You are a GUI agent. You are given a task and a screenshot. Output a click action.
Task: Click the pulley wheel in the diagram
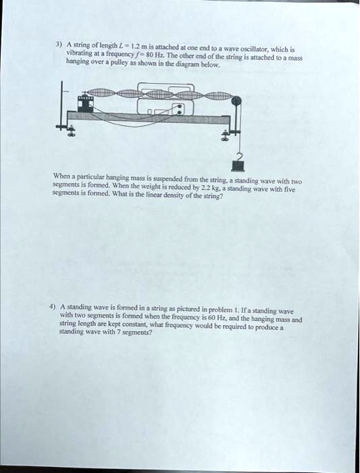pyautogui.click(x=237, y=101)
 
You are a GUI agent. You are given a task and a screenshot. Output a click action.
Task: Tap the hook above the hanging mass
pyautogui.click(x=238, y=156)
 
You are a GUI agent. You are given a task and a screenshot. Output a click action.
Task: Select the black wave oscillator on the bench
pyautogui.click(x=86, y=104)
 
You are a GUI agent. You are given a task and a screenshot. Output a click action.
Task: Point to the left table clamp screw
pyautogui.click(x=72, y=132)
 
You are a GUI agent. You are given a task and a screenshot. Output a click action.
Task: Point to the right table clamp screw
pyautogui.click(x=224, y=135)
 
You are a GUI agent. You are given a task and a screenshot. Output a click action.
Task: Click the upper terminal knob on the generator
pyautogui.click(x=180, y=107)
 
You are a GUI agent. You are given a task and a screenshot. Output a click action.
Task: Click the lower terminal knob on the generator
pyautogui.click(x=180, y=112)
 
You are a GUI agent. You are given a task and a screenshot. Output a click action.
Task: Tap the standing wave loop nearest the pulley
pyautogui.click(x=219, y=96)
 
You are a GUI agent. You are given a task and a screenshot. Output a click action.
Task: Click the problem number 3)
pyautogui.click(x=59, y=45)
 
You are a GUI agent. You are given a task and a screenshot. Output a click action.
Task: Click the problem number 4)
pyautogui.click(x=53, y=307)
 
